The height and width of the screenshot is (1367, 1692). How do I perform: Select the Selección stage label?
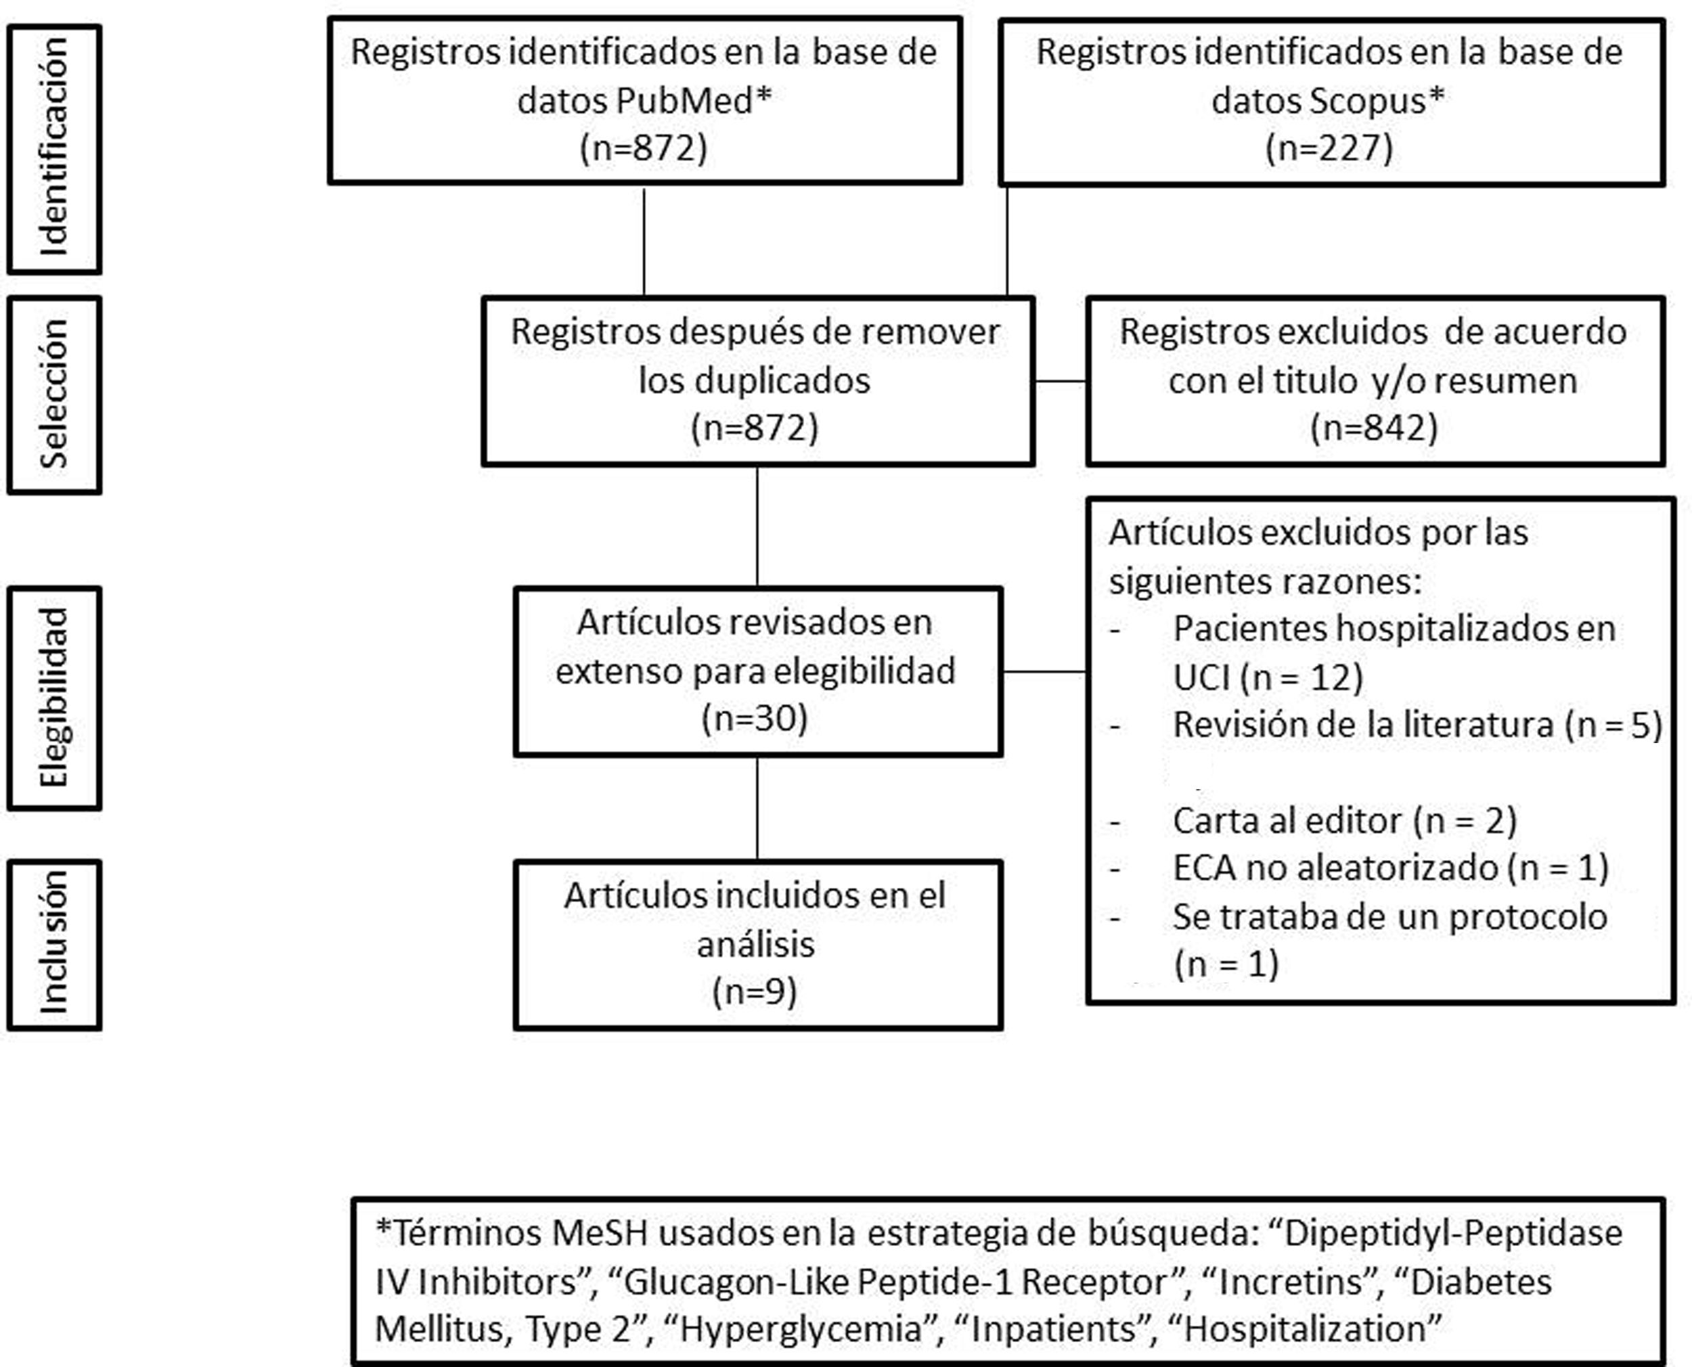[x=54, y=395]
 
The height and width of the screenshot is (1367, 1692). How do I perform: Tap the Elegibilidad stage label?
[x=54, y=698]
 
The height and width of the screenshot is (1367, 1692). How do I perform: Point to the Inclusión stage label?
[x=54, y=944]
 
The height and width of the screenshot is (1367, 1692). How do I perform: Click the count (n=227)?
[x=1329, y=148]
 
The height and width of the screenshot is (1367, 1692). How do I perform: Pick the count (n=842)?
[x=1374, y=428]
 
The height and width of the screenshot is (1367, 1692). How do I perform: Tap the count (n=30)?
[x=754, y=718]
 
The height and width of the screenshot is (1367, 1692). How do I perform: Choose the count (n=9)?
[x=754, y=991]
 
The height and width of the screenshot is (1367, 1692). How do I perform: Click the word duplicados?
[x=754, y=381]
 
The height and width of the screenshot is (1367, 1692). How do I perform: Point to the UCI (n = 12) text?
[x=1268, y=677]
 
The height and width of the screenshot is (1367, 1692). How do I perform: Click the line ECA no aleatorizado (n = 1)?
[x=1390, y=868]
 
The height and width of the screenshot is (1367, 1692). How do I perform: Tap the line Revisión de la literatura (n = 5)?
[x=1417, y=725]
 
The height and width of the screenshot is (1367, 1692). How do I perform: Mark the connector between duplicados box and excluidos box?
[x=1060, y=381]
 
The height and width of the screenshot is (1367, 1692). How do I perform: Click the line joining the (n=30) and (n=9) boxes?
[x=757, y=808]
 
